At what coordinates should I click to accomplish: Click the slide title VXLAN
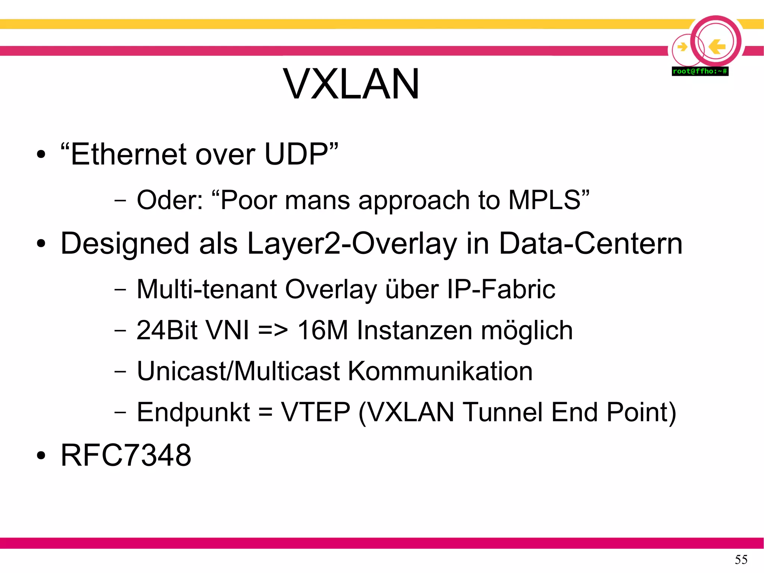pyautogui.click(x=351, y=84)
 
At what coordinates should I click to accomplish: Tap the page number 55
pyautogui.click(x=741, y=559)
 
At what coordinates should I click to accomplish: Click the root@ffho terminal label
pyautogui.click(x=700, y=71)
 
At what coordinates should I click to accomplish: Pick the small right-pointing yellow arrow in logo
pyautogui.click(x=682, y=47)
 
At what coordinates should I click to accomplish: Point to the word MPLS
pyautogui.click(x=544, y=200)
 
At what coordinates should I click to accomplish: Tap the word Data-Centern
pyautogui.click(x=591, y=243)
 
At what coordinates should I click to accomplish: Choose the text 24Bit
pyautogui.click(x=167, y=330)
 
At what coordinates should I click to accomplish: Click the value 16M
pyautogui.click(x=322, y=330)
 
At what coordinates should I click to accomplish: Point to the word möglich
pyautogui.click(x=527, y=331)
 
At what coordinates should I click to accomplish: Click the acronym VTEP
pyautogui.click(x=316, y=412)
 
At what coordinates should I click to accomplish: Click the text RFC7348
pyautogui.click(x=126, y=455)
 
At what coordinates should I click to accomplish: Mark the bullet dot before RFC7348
pyautogui.click(x=41, y=456)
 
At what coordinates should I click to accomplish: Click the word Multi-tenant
pyautogui.click(x=207, y=289)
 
